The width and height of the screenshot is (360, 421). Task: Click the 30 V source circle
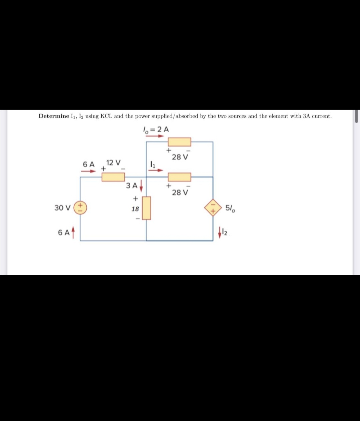tap(80, 208)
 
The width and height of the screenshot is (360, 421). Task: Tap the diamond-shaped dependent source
tap(213, 208)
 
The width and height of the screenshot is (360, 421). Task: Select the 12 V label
tap(113, 163)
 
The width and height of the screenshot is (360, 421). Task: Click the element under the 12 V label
tap(113, 177)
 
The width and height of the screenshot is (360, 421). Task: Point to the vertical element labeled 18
tap(146, 208)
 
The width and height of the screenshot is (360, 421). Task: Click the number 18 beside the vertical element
tap(135, 209)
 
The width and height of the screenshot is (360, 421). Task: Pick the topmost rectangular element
tap(179, 142)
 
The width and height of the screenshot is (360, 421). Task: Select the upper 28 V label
tap(180, 157)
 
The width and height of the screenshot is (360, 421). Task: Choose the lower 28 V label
tap(180, 192)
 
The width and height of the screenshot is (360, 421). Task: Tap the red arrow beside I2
tap(220, 233)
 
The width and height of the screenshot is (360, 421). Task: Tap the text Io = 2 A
tap(156, 129)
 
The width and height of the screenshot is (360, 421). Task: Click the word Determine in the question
tap(54, 116)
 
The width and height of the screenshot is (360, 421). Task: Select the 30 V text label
tap(62, 208)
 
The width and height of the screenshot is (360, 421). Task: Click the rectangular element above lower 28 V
tap(179, 177)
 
